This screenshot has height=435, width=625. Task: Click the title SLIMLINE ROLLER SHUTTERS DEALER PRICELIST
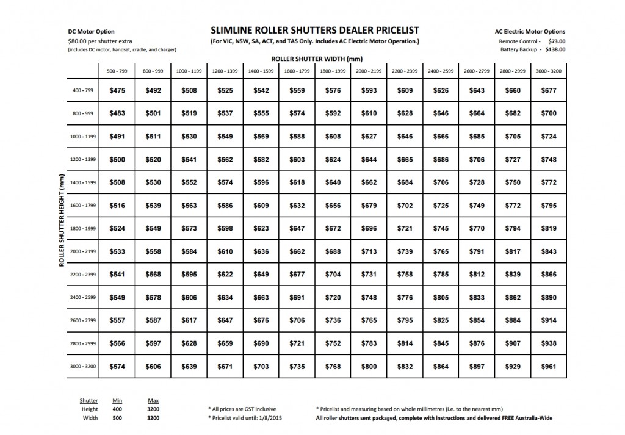(x=314, y=30)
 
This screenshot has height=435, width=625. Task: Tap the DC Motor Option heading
(x=91, y=32)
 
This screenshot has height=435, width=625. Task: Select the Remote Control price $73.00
(x=556, y=40)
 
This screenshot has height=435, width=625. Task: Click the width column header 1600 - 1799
(x=297, y=71)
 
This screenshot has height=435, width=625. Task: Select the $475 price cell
(x=117, y=91)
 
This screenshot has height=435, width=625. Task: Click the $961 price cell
(x=549, y=366)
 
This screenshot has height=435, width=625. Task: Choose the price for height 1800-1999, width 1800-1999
(x=332, y=229)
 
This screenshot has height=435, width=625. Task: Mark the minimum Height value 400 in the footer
(x=117, y=409)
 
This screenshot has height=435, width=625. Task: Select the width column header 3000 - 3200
(x=549, y=71)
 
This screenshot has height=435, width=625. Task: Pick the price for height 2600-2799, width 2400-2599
(x=440, y=320)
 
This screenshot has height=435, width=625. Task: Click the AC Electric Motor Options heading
(x=530, y=32)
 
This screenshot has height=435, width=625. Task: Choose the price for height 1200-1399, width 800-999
(x=153, y=160)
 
